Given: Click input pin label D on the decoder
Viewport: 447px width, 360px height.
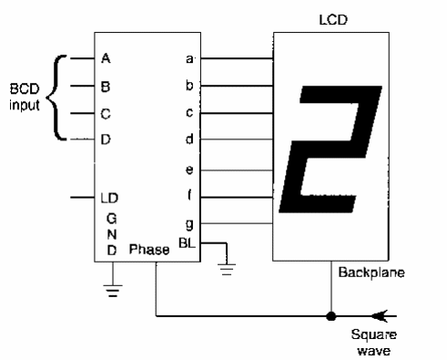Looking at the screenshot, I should [107, 139].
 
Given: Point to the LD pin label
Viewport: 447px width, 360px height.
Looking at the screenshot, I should [109, 197].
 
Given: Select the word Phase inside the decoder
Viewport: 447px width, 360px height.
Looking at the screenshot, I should [147, 249].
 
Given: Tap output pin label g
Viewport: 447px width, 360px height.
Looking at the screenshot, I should [189, 221].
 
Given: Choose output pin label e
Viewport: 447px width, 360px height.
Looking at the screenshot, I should [189, 169].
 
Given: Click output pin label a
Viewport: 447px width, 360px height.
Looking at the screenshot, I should [189, 59].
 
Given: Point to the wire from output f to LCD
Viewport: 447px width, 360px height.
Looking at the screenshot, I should [237, 196].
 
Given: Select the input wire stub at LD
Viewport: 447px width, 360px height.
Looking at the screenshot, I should [81, 197].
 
